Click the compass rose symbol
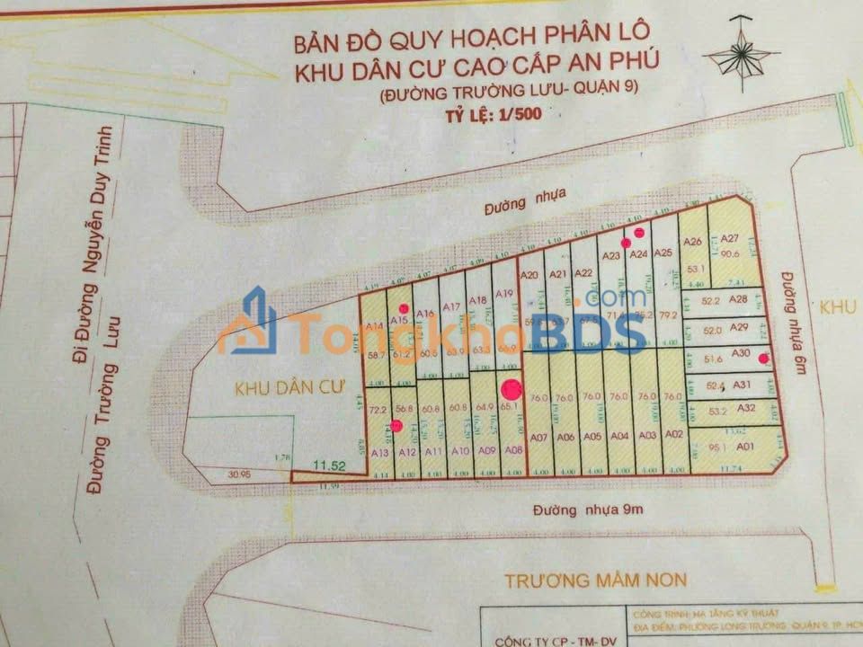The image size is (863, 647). tap(742, 56)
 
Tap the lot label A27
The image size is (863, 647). tap(730, 238)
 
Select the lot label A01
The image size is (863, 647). tap(743, 446)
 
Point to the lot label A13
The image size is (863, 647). tap(379, 452)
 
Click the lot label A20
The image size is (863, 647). tap(529, 275)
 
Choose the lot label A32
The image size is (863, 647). tap(746, 407)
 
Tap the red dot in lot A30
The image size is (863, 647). tap(763, 359)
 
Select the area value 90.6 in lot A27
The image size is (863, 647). tap(730, 254)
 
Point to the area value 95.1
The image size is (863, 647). tap(717, 447)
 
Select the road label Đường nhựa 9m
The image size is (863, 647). tap(582, 510)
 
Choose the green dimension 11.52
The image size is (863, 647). tap(329, 465)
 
